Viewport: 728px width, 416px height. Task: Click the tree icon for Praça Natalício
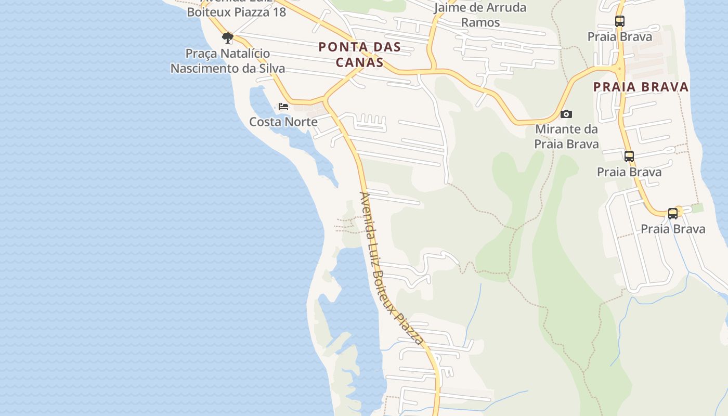pos(227,37)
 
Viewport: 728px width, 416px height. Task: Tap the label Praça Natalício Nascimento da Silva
pos(228,61)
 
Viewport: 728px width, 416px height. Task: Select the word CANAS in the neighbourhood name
pos(359,62)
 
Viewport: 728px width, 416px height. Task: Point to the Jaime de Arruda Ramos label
pos(480,15)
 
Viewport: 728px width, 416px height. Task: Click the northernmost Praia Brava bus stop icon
pos(619,21)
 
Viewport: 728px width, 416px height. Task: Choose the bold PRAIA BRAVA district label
pos(641,87)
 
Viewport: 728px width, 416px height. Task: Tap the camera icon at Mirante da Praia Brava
pos(566,114)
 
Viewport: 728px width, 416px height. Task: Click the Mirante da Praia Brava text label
pos(566,136)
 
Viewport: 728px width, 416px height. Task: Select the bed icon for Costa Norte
pos(283,106)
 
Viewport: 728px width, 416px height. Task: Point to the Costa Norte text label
pos(283,122)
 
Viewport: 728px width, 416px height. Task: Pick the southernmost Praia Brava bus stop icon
pos(673,213)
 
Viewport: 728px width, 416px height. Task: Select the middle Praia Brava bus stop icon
pos(629,156)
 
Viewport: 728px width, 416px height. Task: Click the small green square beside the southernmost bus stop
pos(697,208)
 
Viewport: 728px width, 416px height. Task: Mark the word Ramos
pos(480,22)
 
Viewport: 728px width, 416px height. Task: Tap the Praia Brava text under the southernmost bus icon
pos(673,229)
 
